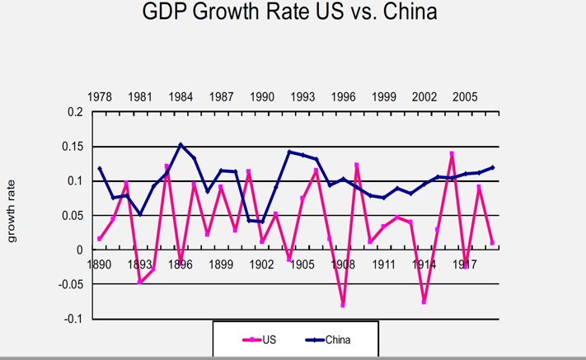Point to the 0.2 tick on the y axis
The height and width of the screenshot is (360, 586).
[75, 112]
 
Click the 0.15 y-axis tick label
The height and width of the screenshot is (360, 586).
[73, 147]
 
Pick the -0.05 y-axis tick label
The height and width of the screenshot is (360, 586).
[71, 284]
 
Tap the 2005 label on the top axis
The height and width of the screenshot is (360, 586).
[465, 96]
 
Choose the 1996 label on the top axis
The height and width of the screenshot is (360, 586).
[344, 96]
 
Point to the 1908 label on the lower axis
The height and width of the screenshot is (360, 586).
[344, 265]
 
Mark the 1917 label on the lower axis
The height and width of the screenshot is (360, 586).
[465, 265]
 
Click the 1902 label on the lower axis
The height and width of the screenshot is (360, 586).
[262, 265]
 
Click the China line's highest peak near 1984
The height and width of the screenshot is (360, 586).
[180, 145]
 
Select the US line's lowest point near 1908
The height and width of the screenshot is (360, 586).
[343, 305]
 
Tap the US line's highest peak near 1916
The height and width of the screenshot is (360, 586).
[452, 153]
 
